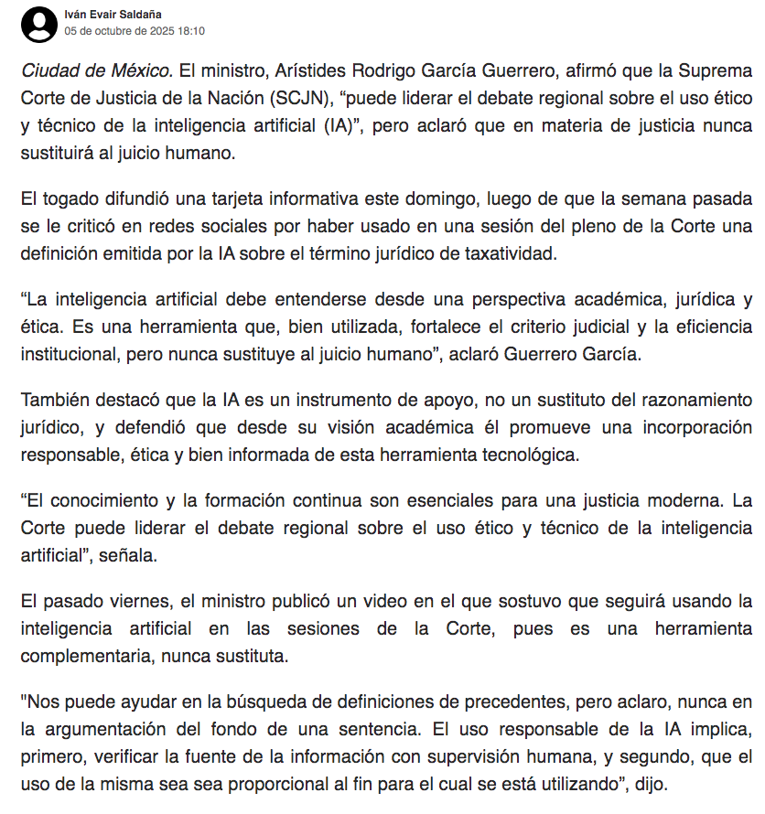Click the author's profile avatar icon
(39, 24)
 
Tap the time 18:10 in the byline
(190, 31)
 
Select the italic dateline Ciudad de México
(95, 71)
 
